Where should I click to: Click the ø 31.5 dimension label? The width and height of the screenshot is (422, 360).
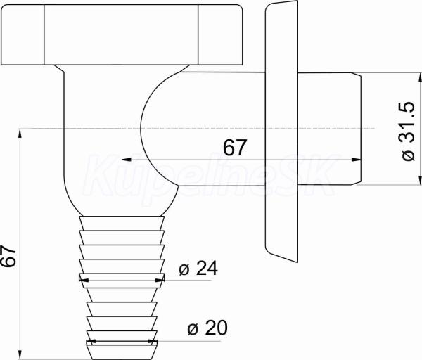click(407, 131)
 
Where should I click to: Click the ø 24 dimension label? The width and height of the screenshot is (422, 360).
click(198, 269)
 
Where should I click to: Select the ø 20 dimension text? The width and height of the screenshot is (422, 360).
click(207, 328)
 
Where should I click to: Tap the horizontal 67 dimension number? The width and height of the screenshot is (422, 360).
click(235, 147)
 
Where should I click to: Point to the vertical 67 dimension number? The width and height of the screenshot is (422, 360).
click(8, 256)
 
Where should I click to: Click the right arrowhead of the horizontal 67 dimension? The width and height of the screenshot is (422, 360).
click(357, 160)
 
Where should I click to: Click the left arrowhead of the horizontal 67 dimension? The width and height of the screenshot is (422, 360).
click(127, 160)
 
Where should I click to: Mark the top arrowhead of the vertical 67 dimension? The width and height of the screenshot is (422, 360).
click(20, 134)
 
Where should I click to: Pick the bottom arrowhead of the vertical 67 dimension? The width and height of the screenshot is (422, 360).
click(20, 354)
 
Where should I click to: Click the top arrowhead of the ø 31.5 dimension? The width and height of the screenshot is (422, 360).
click(420, 78)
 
